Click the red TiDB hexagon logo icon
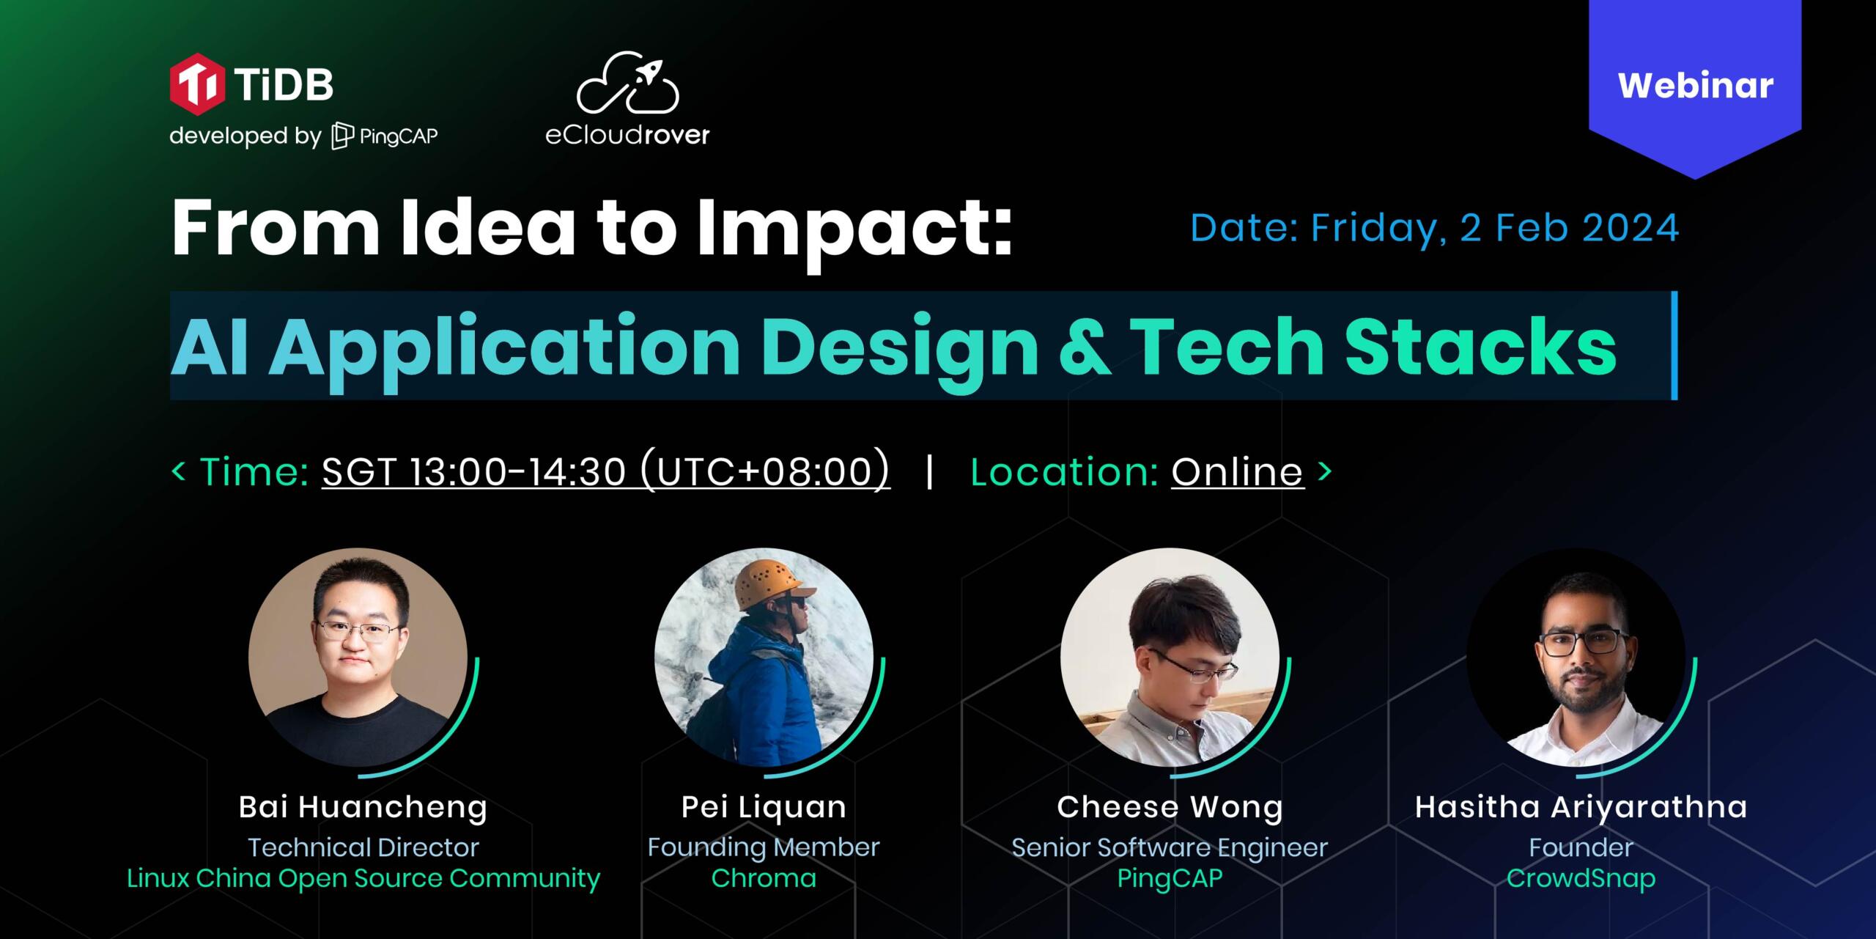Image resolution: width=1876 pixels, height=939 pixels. [197, 84]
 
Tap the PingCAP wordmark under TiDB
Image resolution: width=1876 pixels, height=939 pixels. [385, 136]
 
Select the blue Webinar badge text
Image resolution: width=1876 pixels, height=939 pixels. [1695, 86]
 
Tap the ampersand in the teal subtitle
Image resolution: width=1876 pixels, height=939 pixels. [1084, 346]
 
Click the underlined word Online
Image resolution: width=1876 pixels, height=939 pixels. [1237, 471]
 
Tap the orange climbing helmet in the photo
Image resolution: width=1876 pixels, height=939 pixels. [773, 583]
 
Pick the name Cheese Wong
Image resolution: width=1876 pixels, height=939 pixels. [1170, 807]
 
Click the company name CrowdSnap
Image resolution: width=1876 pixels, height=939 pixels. [1581, 878]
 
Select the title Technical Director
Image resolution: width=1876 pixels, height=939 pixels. [363, 847]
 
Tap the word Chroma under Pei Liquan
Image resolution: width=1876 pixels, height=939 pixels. [764, 878]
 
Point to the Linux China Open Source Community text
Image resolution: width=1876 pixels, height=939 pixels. [363, 878]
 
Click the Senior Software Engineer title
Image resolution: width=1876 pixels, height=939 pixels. [1170, 847]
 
